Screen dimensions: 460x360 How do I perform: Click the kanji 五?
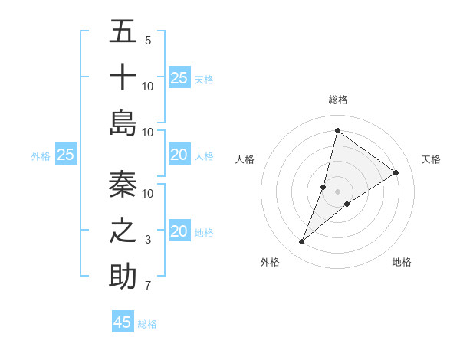tap(123, 33)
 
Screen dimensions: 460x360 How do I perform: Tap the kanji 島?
tap(123, 123)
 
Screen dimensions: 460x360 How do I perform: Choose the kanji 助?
tap(123, 277)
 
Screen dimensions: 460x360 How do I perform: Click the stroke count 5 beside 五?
tap(147, 41)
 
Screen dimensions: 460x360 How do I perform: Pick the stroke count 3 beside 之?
tap(148, 240)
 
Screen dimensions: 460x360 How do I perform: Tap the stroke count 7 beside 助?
tap(147, 286)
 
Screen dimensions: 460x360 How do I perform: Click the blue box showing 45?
tap(123, 322)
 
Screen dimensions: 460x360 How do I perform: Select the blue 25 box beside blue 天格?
tap(179, 77)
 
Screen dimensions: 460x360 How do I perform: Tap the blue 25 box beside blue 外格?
tap(66, 155)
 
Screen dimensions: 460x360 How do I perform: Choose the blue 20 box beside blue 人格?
tap(179, 155)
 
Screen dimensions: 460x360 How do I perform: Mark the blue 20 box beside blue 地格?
tap(179, 231)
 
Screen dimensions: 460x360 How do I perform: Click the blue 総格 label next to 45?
tap(147, 324)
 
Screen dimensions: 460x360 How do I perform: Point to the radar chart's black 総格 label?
tap(338, 100)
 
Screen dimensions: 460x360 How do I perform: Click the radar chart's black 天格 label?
tap(431, 159)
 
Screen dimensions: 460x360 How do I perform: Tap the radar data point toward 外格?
tap(302, 242)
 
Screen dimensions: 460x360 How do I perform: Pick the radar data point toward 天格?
tap(396, 172)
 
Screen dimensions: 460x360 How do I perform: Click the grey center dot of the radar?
tap(338, 191)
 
